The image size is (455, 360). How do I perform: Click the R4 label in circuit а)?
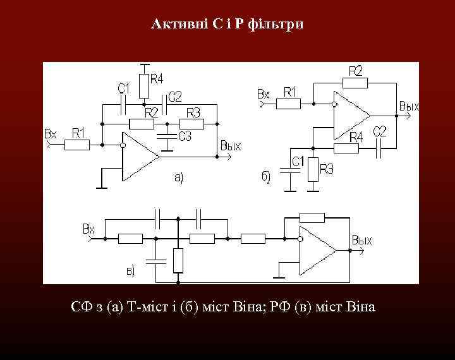tap(157, 79)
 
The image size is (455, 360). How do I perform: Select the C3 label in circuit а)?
tap(185, 136)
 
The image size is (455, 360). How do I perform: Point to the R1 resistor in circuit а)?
tap(78, 145)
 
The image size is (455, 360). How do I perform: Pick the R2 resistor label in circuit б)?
tap(356, 69)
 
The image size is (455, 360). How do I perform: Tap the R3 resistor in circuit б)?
tap(313, 170)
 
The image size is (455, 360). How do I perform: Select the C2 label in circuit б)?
tap(380, 131)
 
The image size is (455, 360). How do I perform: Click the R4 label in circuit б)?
tap(356, 136)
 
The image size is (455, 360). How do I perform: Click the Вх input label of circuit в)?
tap(89, 228)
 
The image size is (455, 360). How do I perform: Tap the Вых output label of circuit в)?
tap(362, 240)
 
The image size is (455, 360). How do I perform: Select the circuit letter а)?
tap(179, 177)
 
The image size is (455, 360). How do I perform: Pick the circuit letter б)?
tap(265, 176)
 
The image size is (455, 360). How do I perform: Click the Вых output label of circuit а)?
tap(231, 146)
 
